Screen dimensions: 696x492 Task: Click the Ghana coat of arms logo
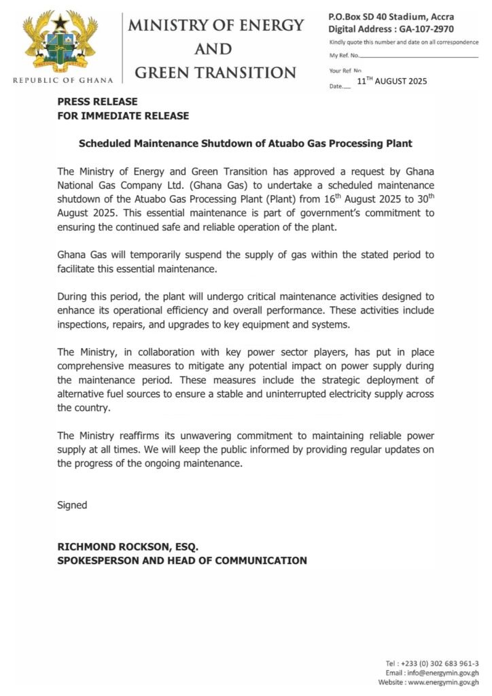click(x=61, y=42)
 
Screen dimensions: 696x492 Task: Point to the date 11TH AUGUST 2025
click(x=391, y=82)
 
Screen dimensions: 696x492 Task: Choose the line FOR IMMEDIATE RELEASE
click(x=123, y=116)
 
